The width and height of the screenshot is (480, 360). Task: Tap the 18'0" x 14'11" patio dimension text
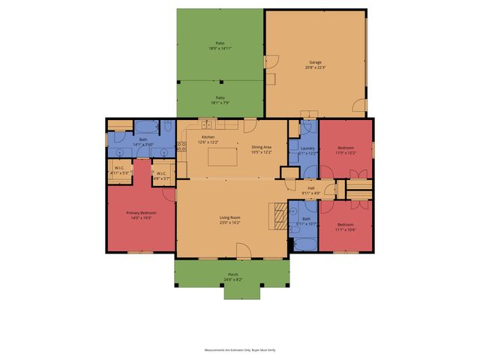pos(220,49)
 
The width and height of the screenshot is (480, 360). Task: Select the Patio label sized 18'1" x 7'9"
pos(220,100)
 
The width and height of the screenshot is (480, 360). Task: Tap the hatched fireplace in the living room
pos(278,215)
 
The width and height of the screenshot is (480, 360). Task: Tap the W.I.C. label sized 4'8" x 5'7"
pos(162,175)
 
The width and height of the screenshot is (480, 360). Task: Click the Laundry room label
pos(307,148)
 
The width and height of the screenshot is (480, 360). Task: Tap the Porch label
pos(232,276)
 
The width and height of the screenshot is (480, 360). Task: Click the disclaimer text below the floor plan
pos(239,349)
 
